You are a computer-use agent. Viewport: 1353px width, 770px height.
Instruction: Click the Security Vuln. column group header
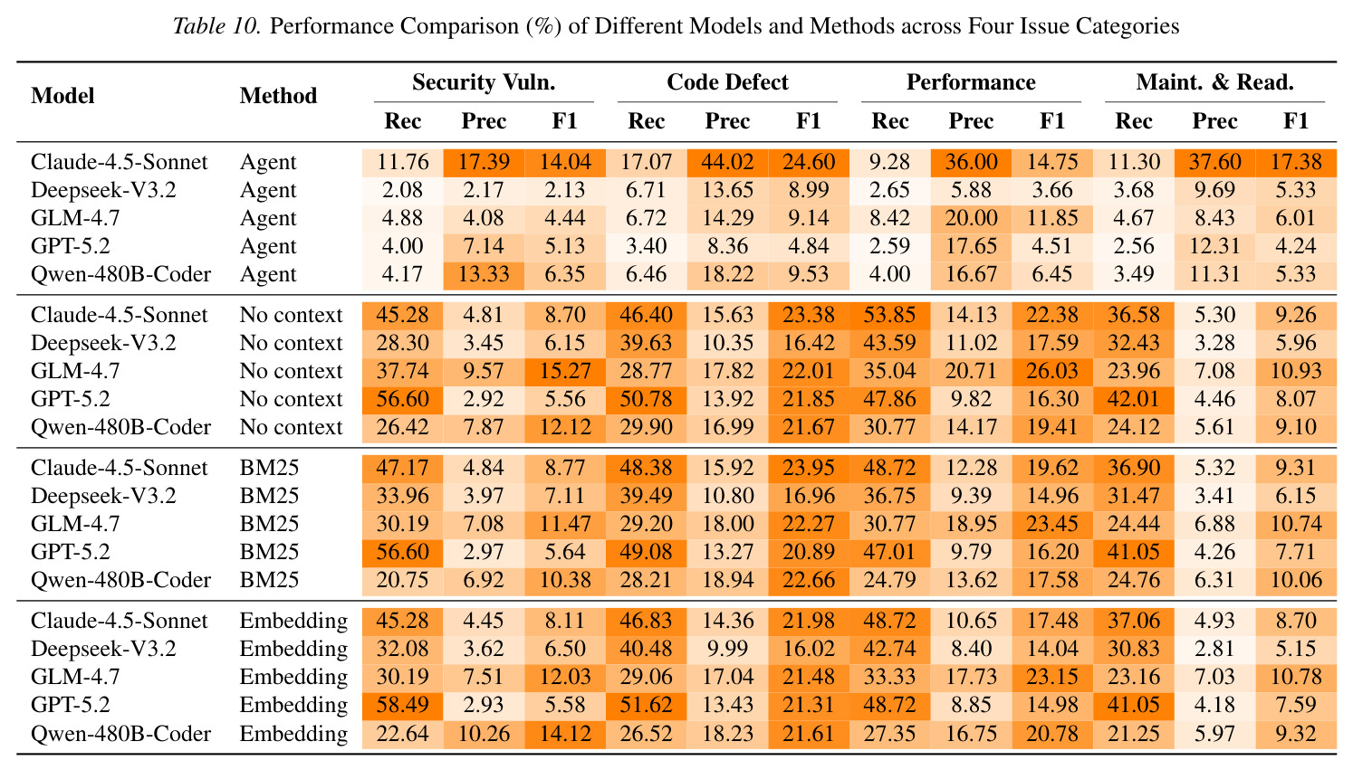(x=484, y=82)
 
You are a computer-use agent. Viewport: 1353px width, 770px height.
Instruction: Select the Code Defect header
(x=727, y=82)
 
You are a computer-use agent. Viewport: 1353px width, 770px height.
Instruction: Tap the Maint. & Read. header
(x=1214, y=82)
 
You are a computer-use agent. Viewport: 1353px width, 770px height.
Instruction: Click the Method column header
(x=278, y=95)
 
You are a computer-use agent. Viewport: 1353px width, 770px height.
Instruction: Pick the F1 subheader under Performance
(x=1052, y=121)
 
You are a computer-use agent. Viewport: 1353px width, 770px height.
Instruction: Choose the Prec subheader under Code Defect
(x=727, y=121)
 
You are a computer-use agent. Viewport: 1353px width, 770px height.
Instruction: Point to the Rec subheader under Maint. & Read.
(x=1134, y=121)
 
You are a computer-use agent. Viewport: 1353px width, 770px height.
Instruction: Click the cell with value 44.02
(x=727, y=162)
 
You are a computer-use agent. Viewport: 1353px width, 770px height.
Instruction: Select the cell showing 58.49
(x=403, y=705)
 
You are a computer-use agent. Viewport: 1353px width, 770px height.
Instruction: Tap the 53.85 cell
(x=889, y=314)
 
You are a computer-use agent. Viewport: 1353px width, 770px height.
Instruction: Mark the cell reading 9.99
(x=727, y=649)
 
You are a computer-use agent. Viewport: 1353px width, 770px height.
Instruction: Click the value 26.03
(x=1052, y=370)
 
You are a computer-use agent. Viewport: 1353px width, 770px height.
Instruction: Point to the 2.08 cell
(x=403, y=190)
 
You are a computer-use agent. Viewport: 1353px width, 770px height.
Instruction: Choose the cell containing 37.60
(x=1214, y=162)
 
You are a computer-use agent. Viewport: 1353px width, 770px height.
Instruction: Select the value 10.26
(x=484, y=734)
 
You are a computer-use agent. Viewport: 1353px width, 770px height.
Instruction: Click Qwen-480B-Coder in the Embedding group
(x=120, y=734)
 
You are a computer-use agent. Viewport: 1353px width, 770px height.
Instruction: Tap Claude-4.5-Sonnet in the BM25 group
(x=119, y=468)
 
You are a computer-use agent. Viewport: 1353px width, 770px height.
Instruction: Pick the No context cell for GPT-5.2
(x=291, y=399)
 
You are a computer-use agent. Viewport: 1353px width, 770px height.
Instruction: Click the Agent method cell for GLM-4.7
(x=268, y=218)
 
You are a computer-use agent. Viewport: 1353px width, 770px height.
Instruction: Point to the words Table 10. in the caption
(x=216, y=26)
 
